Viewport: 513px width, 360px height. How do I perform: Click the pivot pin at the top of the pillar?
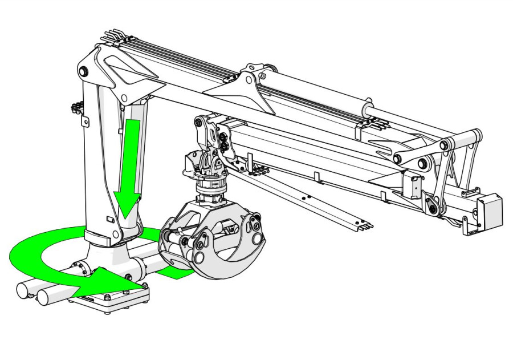[x=84, y=71]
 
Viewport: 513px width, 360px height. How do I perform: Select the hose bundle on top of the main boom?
[x=171, y=54]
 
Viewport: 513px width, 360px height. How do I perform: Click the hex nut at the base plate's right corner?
[x=144, y=285]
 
